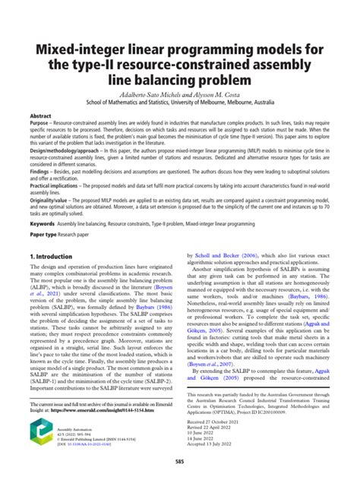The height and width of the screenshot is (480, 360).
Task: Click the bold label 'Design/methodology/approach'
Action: (x=68, y=152)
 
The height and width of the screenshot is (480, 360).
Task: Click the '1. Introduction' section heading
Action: (x=54, y=257)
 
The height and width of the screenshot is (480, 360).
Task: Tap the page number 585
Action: (x=180, y=460)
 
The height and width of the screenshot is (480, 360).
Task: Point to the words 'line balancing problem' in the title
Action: (x=180, y=78)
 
